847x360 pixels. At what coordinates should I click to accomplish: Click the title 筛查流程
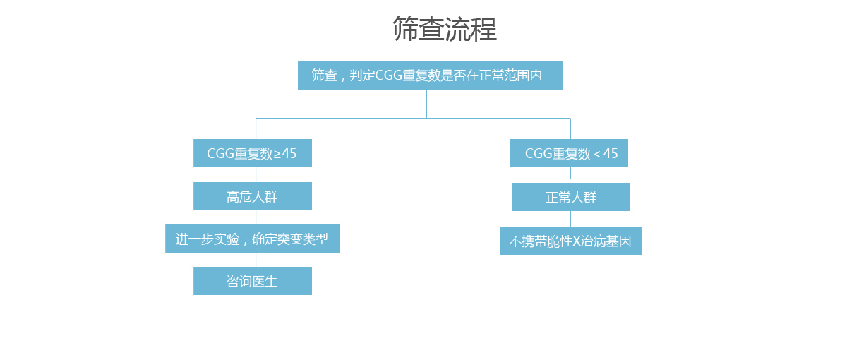point(445,29)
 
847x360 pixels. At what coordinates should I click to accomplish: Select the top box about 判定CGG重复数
point(431,76)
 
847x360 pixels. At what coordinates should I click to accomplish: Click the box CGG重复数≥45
point(253,153)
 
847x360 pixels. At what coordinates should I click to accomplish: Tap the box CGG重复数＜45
point(569,153)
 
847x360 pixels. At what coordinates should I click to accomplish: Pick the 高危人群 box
point(253,196)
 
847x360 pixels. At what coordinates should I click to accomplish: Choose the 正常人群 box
point(571,197)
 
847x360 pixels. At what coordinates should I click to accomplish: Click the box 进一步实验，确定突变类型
point(253,239)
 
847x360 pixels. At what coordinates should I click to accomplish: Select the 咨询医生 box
point(253,281)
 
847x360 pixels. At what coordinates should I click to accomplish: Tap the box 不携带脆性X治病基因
point(571,241)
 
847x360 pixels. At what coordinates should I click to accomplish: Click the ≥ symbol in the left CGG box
point(277,155)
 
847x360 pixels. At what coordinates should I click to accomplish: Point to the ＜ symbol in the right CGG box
point(597,154)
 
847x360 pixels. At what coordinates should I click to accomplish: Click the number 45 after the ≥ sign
point(289,154)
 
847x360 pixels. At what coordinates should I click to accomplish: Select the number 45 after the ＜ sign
point(611,154)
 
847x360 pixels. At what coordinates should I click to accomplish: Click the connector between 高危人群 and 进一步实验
point(256,217)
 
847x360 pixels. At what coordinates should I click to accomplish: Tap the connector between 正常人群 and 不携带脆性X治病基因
point(570,219)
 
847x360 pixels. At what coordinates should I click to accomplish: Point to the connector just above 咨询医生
point(256,260)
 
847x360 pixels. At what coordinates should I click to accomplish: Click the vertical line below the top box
point(426,104)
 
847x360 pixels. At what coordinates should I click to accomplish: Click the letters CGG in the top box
point(389,76)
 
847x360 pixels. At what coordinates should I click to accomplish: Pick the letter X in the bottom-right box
point(576,241)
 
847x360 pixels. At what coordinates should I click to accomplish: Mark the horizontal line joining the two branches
point(414,119)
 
